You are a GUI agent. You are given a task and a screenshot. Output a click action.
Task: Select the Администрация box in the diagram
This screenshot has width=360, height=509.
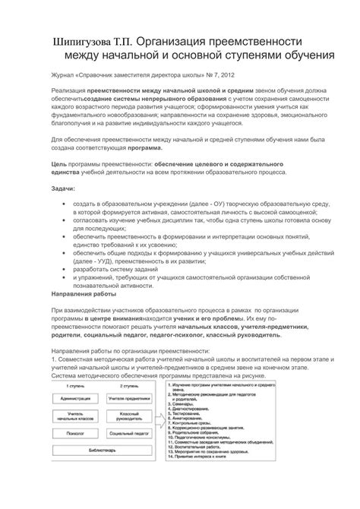coord(75,398)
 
